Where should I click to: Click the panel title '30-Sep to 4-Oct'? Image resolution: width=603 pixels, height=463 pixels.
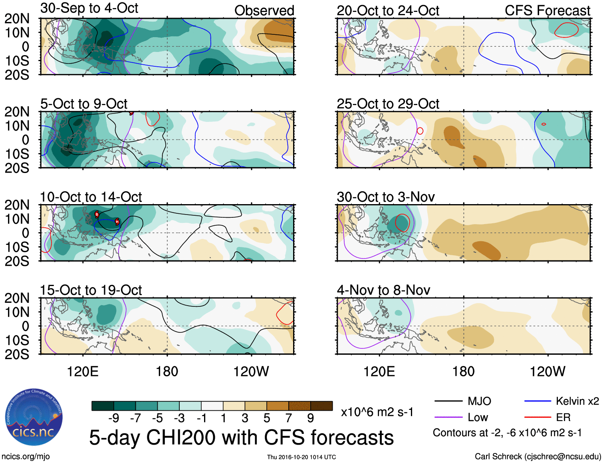(x=89, y=8)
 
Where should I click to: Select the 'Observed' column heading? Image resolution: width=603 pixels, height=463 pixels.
(x=264, y=11)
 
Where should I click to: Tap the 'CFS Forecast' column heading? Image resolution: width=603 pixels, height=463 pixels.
(x=547, y=11)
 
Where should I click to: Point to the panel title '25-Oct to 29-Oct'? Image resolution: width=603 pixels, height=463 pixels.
(x=388, y=104)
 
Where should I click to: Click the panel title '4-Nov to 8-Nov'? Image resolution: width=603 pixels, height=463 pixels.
(x=383, y=290)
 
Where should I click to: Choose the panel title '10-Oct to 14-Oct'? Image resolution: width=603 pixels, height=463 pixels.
(x=91, y=197)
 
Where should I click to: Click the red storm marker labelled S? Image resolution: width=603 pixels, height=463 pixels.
(x=97, y=215)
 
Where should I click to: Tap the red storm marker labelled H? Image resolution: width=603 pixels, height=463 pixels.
(x=117, y=221)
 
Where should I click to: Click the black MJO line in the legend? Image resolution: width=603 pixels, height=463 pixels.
(x=448, y=401)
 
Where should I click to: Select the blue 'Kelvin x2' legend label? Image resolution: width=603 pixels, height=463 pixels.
(x=577, y=401)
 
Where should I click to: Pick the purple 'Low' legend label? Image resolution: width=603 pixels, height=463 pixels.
(x=478, y=417)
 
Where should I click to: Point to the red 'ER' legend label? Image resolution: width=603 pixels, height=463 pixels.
(x=563, y=417)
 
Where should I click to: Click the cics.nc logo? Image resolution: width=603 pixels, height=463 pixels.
(x=34, y=418)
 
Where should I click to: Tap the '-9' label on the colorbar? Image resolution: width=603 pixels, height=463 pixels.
(x=113, y=418)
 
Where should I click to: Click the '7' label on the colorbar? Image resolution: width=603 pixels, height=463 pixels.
(x=288, y=418)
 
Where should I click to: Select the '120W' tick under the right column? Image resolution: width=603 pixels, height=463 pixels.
(x=547, y=372)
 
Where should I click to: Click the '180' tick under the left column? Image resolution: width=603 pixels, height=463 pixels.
(x=167, y=372)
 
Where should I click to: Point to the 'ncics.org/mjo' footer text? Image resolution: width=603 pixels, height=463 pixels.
(x=26, y=457)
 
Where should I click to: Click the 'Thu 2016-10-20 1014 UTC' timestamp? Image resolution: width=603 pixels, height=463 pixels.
(x=301, y=457)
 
